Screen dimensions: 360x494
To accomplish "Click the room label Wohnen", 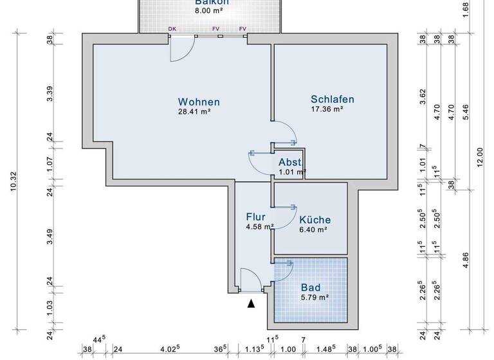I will click(199, 102).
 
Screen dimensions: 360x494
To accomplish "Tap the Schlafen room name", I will click(333, 100).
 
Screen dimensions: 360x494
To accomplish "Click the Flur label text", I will click(255, 216).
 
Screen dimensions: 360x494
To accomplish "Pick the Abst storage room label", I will click(289, 162).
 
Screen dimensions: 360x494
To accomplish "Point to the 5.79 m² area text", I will click(315, 297).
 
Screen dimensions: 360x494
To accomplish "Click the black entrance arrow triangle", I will click(252, 303).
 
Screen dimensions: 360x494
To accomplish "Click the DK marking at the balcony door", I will click(172, 29).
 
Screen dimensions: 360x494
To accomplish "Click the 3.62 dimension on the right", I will click(423, 97).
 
